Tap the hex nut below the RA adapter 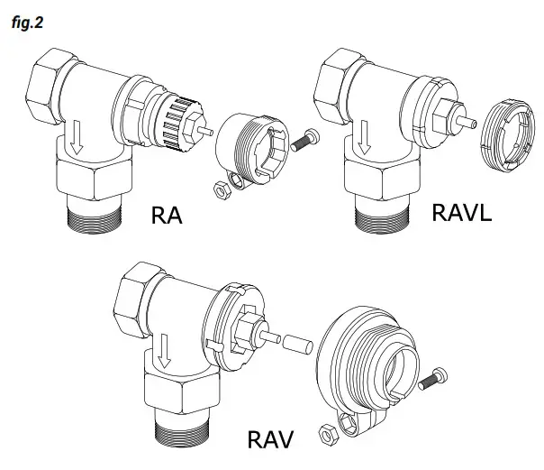(218, 188)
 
